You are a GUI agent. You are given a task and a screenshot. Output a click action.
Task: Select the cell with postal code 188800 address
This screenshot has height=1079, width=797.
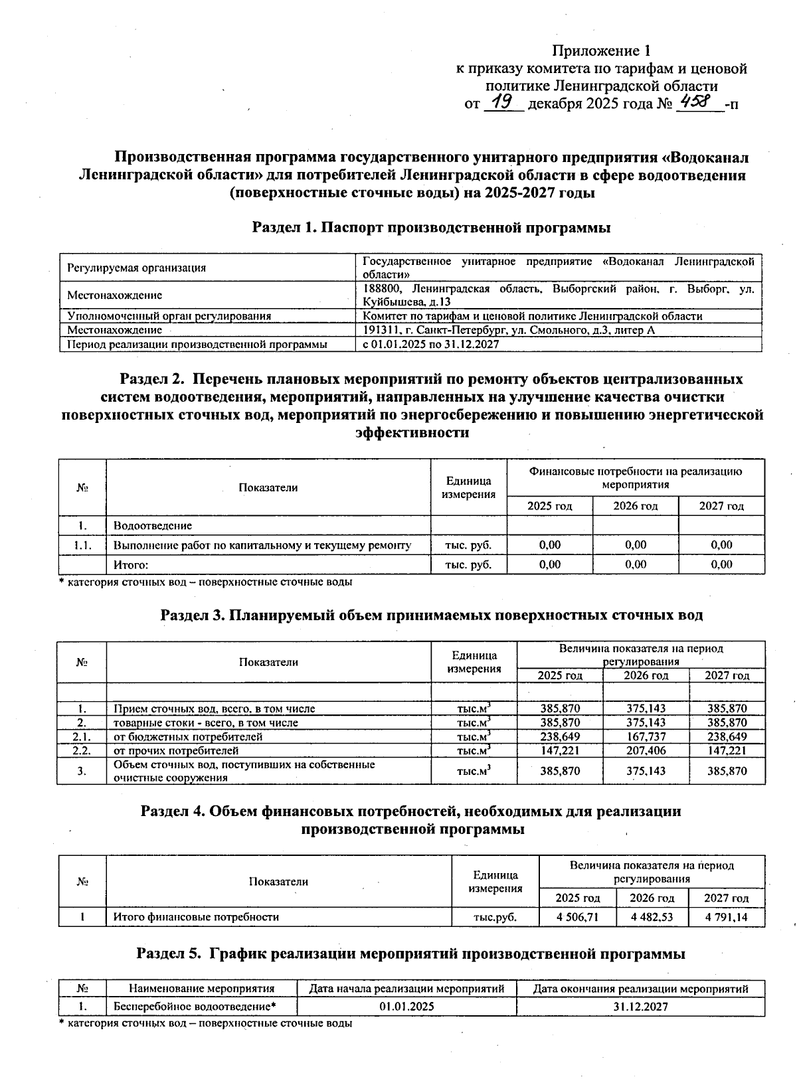tap(558, 295)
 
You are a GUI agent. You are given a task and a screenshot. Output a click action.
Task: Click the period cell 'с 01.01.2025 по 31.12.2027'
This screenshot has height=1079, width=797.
tap(431, 345)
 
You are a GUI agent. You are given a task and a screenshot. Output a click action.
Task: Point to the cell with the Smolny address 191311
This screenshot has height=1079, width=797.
tap(509, 330)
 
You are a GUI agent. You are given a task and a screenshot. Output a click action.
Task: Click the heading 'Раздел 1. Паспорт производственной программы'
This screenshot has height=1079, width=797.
tap(431, 228)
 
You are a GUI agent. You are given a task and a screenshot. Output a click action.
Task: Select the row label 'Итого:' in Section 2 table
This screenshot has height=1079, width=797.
tap(130, 564)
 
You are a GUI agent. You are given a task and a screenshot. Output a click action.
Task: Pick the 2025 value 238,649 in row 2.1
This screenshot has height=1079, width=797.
tap(560, 736)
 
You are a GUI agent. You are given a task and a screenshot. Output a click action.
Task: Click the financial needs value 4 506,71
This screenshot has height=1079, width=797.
tap(577, 917)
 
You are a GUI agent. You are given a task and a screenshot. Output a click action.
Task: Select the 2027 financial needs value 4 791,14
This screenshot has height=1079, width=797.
tap(726, 917)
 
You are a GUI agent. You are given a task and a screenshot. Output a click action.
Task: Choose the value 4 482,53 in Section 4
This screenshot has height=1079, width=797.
tap(652, 917)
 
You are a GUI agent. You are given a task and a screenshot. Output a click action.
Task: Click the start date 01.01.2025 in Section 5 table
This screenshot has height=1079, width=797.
tap(406, 1007)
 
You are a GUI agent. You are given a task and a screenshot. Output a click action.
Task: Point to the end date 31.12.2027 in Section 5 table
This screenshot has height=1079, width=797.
tap(640, 1007)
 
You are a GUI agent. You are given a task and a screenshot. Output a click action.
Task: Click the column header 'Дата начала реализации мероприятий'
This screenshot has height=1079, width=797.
tap(406, 989)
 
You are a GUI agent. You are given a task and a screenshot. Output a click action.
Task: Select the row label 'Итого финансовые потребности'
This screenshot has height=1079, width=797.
tap(196, 917)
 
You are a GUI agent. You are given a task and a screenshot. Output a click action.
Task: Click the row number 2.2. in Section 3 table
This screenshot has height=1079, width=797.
tap(82, 750)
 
